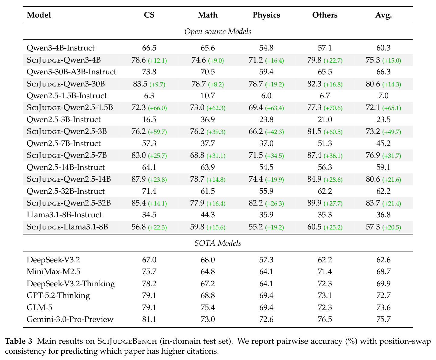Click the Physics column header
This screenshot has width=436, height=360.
266,15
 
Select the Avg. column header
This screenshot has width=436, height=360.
383,15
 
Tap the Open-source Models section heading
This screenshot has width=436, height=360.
218,31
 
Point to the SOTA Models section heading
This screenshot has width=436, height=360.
218,243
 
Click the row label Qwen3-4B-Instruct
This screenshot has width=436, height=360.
61,48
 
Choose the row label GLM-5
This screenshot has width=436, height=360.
40,307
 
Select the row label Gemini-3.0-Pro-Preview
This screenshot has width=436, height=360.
70,319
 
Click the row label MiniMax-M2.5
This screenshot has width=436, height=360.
53,271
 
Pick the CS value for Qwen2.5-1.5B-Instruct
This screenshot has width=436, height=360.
149,96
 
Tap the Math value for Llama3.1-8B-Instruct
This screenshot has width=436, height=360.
208,215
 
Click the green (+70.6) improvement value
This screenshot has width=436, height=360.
333,108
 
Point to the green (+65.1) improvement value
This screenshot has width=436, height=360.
392,108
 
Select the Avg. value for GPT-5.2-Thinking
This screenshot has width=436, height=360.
383,296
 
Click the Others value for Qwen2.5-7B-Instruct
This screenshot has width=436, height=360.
325,143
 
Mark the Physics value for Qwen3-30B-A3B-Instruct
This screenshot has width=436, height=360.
266,72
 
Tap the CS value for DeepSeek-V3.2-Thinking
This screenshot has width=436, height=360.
149,284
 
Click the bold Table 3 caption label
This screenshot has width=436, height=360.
19,341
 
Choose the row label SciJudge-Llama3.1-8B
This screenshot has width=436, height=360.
67,227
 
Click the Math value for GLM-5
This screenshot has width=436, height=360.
208,307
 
